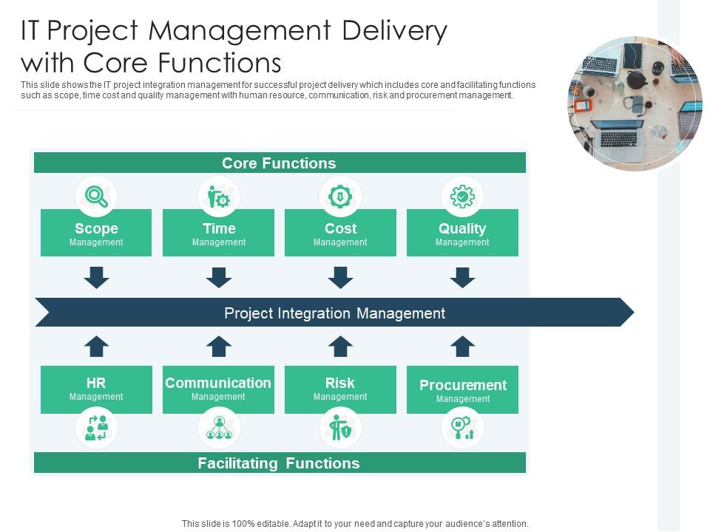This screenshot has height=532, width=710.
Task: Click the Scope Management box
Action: (x=96, y=233)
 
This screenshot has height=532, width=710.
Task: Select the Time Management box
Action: (x=218, y=233)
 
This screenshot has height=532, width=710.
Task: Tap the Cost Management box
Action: (x=340, y=233)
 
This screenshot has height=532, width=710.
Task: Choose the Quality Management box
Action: (x=462, y=233)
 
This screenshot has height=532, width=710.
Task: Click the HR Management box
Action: (x=96, y=389)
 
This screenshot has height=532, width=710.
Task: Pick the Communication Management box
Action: (x=218, y=389)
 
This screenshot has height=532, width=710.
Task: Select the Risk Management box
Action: (x=340, y=389)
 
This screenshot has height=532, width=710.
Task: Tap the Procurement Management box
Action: (x=462, y=390)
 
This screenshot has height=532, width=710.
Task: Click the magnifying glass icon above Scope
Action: (x=96, y=197)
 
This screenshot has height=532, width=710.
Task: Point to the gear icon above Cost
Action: (x=340, y=197)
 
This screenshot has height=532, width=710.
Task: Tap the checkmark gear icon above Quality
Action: (x=462, y=197)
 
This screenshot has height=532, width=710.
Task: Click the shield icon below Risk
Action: (x=340, y=428)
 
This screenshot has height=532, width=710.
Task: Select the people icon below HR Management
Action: (x=96, y=428)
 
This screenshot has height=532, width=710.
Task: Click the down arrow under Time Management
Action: (x=218, y=278)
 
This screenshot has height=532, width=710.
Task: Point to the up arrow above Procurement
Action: (x=462, y=346)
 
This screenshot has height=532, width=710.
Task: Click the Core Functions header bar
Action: (x=280, y=163)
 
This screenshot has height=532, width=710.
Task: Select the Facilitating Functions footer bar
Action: (x=280, y=463)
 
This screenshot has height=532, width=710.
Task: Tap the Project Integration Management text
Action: (x=334, y=313)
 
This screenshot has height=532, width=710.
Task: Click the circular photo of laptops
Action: (x=635, y=104)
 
